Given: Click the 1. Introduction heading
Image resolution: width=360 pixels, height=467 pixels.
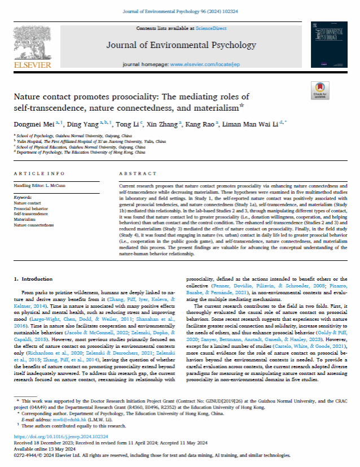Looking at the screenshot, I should tap(34, 278).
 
